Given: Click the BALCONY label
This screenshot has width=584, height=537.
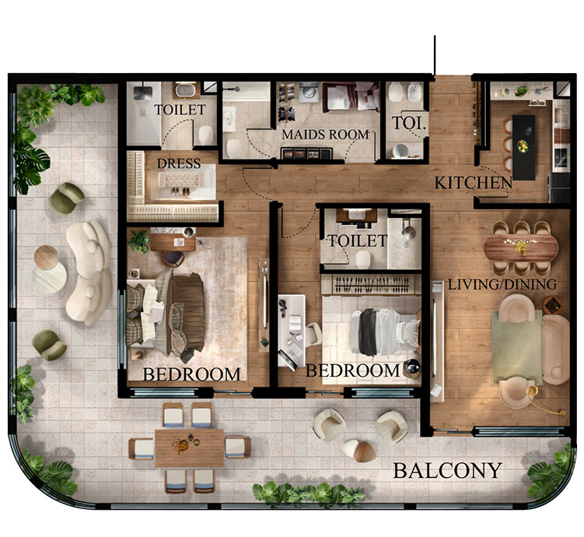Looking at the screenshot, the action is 448,470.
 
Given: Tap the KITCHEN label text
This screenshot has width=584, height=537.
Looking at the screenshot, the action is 474,183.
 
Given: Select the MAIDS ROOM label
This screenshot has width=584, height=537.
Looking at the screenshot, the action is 325,135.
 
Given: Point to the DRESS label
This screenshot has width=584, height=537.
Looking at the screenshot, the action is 179,163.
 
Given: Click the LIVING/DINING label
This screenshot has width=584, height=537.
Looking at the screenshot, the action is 502,285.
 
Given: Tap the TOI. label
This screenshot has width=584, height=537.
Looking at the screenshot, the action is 408,123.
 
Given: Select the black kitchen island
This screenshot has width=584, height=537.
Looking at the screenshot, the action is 523,147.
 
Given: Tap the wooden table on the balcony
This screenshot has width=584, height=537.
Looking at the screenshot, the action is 189,448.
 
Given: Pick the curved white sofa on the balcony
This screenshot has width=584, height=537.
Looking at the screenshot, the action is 89,272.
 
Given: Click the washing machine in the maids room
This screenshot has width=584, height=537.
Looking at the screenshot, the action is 309,92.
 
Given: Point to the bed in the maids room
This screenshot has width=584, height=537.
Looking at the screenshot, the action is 351,97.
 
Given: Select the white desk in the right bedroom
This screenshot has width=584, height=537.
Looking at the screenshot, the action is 292,332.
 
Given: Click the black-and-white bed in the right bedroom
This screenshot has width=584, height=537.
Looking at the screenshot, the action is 385,332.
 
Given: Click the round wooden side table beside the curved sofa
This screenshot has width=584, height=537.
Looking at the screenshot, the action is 46,257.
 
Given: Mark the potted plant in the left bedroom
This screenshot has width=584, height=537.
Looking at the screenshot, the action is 138,241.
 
